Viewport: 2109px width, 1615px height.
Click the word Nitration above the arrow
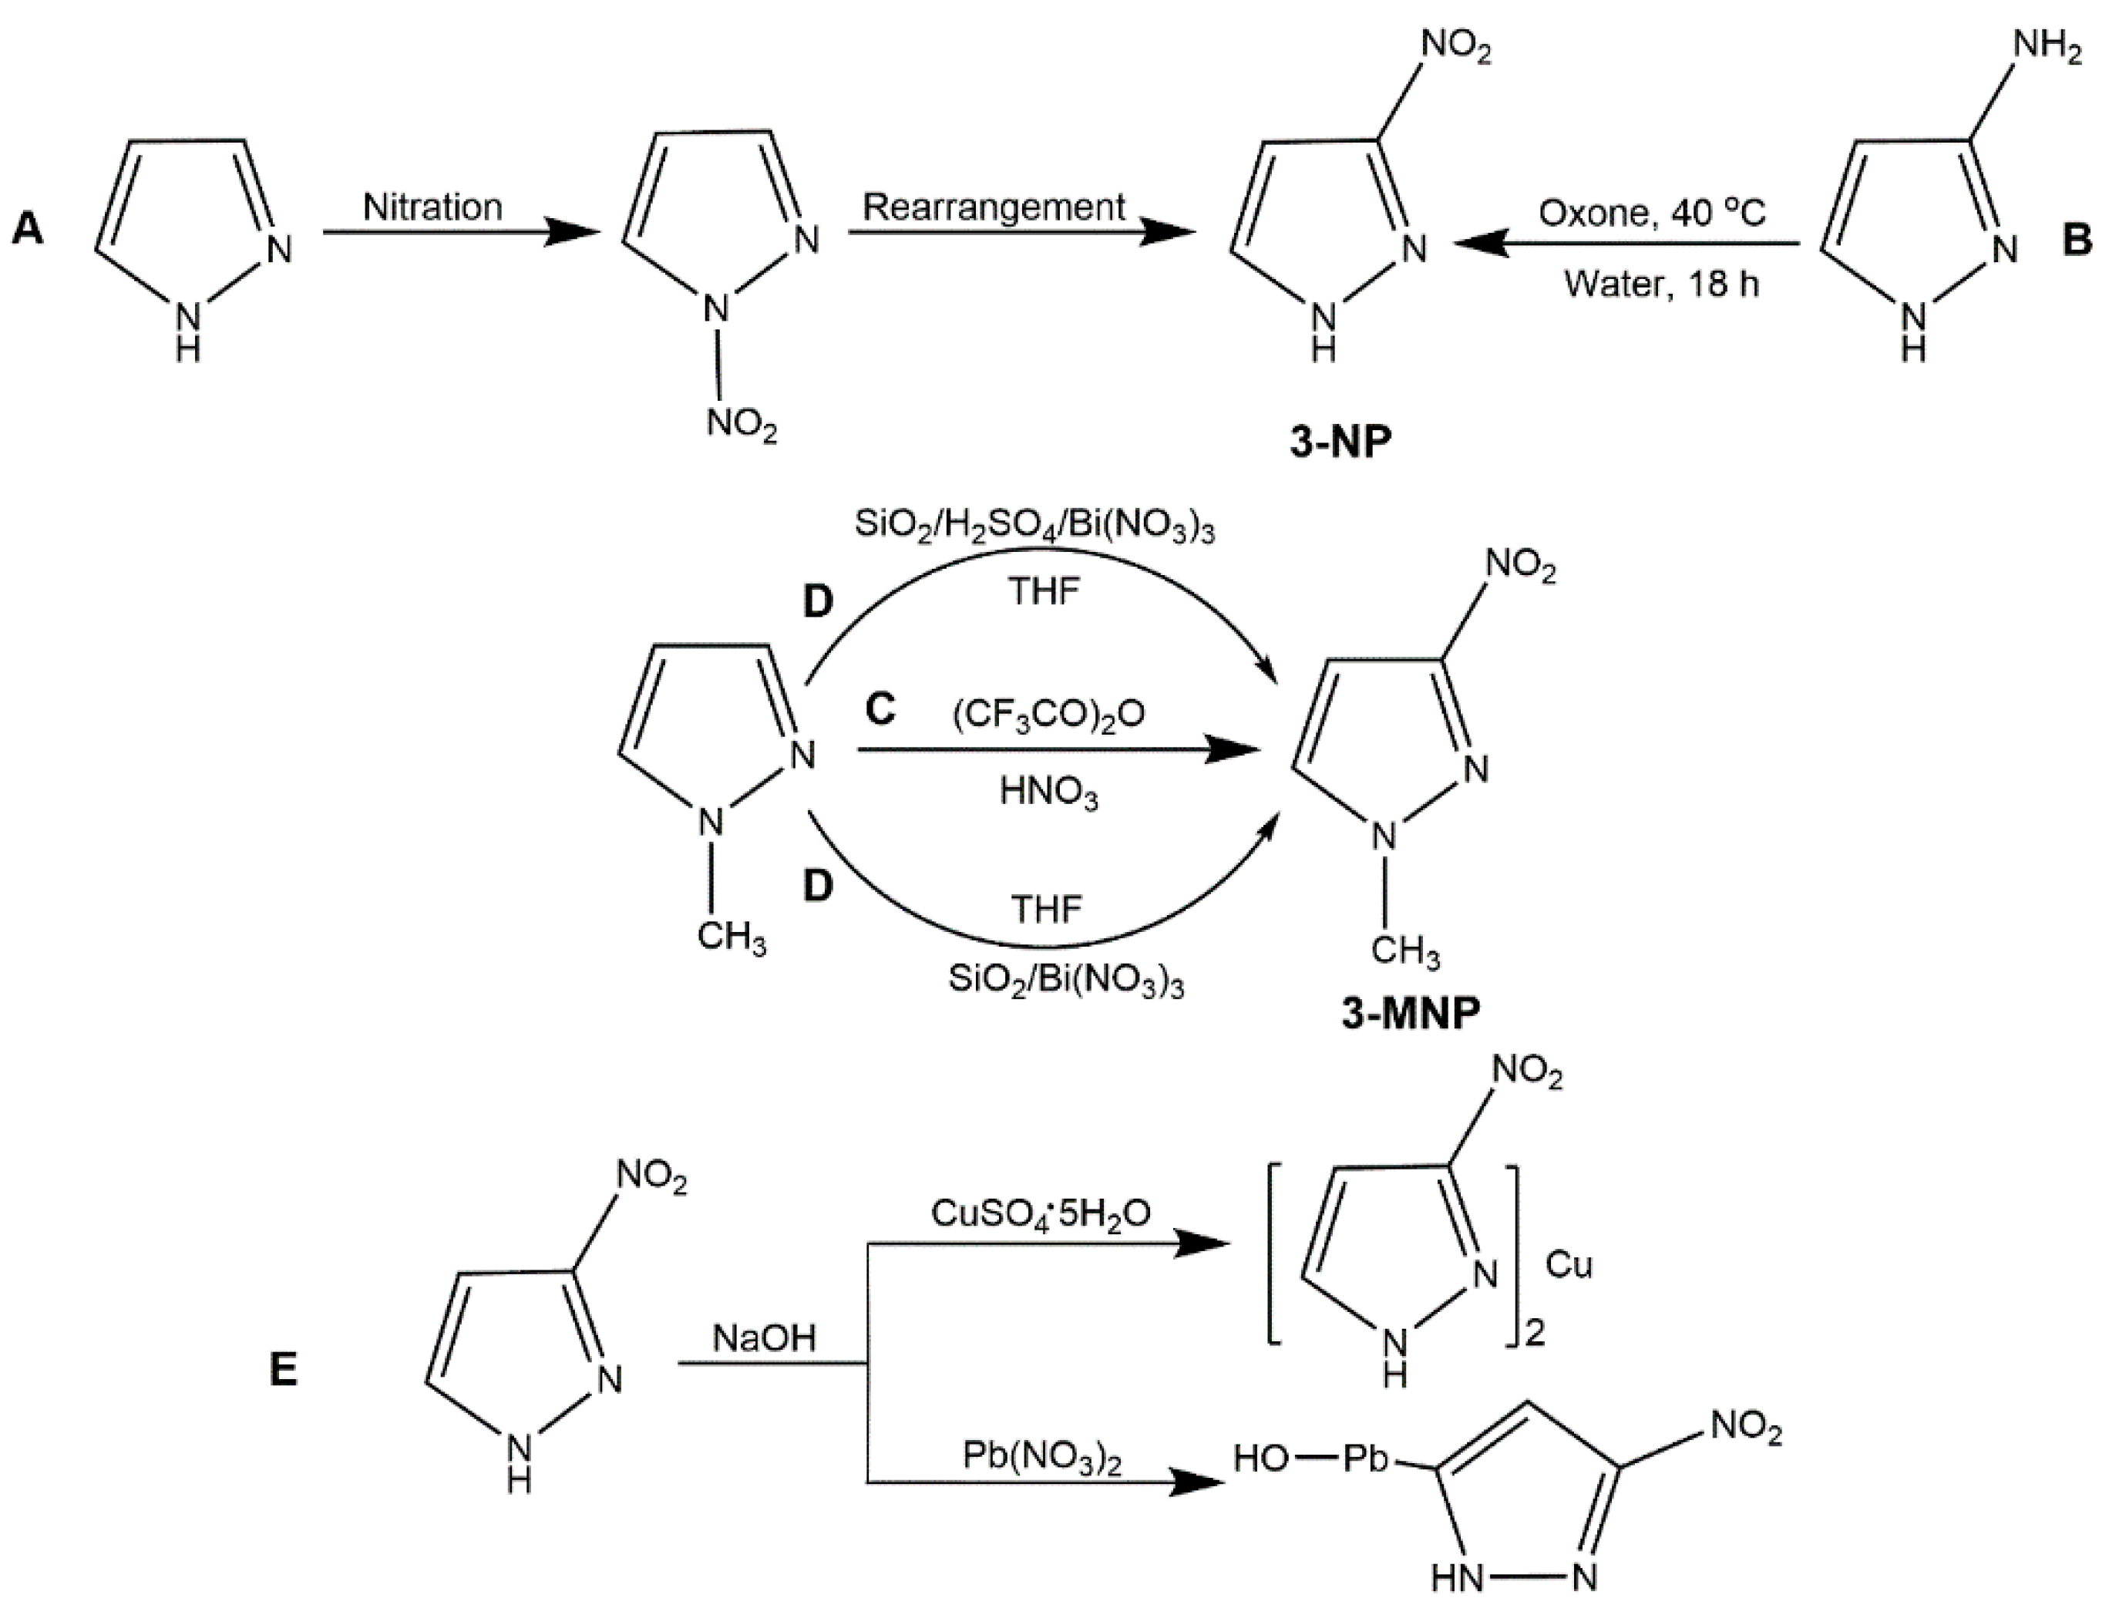click(x=432, y=207)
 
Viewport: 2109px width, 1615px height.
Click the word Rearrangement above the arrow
click(x=994, y=207)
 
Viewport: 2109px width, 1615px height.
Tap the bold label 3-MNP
click(x=1411, y=1012)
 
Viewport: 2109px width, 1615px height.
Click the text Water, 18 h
click(x=1661, y=284)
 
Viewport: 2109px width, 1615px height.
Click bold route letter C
click(x=880, y=709)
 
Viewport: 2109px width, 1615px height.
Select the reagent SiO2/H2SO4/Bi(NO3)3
click(x=1034, y=528)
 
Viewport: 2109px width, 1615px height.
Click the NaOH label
click(x=764, y=1337)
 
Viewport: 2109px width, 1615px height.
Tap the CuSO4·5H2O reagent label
click(x=1040, y=1214)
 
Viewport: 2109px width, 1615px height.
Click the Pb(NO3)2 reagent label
click(x=1042, y=1459)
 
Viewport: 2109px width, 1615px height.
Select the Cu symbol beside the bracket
click(x=1569, y=1265)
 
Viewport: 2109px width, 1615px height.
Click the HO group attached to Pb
click(x=1260, y=1459)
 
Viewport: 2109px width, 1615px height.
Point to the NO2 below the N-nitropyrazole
click(x=741, y=423)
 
